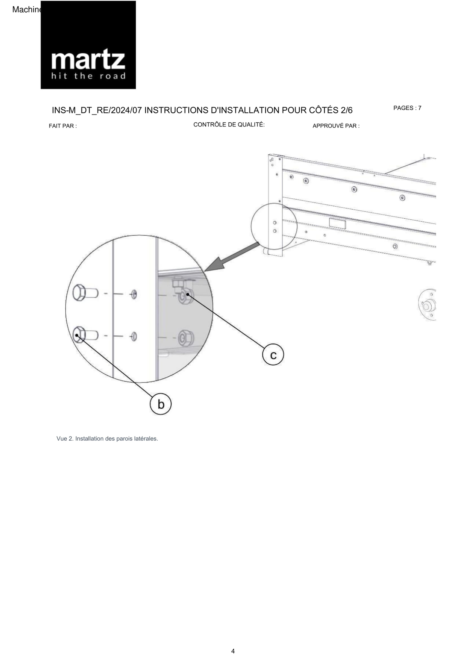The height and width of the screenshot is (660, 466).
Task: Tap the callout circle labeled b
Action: click(x=160, y=404)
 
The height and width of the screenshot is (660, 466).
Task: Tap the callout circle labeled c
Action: click(x=273, y=354)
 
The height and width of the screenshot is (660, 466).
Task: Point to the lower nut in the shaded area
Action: click(x=186, y=338)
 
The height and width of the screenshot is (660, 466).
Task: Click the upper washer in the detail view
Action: click(x=134, y=294)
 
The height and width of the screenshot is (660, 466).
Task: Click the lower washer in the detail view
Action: click(x=134, y=337)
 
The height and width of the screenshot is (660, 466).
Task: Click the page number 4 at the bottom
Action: click(x=233, y=651)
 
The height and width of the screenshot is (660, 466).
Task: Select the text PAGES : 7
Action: click(x=407, y=108)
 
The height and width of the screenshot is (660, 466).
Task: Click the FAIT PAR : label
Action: click(x=63, y=126)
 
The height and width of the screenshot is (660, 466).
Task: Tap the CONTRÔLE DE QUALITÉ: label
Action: click(x=229, y=124)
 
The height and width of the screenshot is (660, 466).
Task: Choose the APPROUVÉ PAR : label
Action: click(x=336, y=126)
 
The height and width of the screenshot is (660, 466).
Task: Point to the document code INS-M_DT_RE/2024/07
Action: click(x=97, y=110)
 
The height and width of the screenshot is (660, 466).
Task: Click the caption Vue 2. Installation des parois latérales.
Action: click(x=107, y=439)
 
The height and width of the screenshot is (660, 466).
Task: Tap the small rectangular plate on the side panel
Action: click(x=337, y=223)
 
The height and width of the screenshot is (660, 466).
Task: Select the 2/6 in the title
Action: click(x=346, y=110)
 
